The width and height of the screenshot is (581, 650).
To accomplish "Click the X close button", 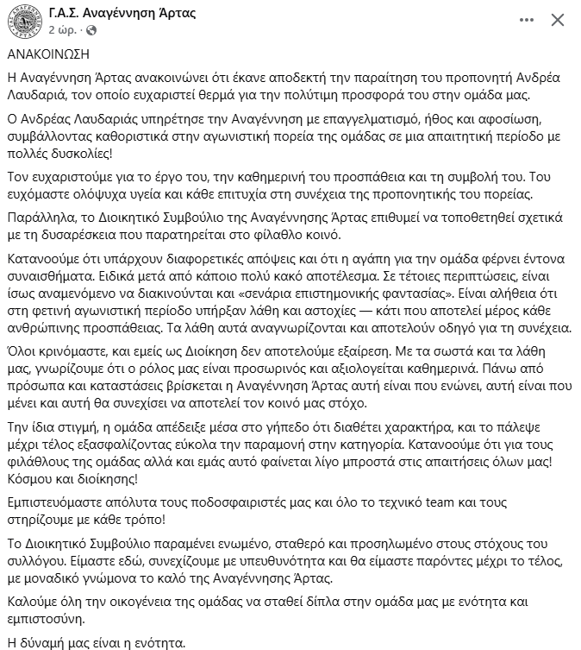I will pos(559,18).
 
